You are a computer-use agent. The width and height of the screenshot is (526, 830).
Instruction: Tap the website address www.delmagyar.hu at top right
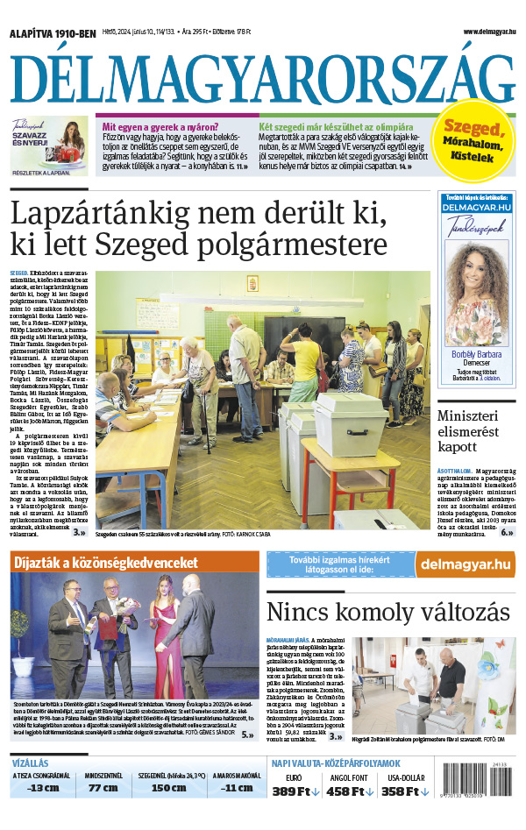tap(489, 32)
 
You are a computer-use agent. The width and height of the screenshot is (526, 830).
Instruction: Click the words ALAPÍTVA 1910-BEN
tap(53, 33)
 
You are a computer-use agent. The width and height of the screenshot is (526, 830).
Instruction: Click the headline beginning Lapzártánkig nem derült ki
tap(197, 228)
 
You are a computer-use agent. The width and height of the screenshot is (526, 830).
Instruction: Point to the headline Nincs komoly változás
tap(387, 611)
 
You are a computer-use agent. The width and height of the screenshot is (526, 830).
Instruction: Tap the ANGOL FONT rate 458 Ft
tap(349, 791)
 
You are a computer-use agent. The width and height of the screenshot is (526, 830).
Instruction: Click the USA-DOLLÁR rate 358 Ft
tap(404, 791)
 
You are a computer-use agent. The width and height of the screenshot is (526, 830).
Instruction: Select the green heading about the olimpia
tap(336, 125)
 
